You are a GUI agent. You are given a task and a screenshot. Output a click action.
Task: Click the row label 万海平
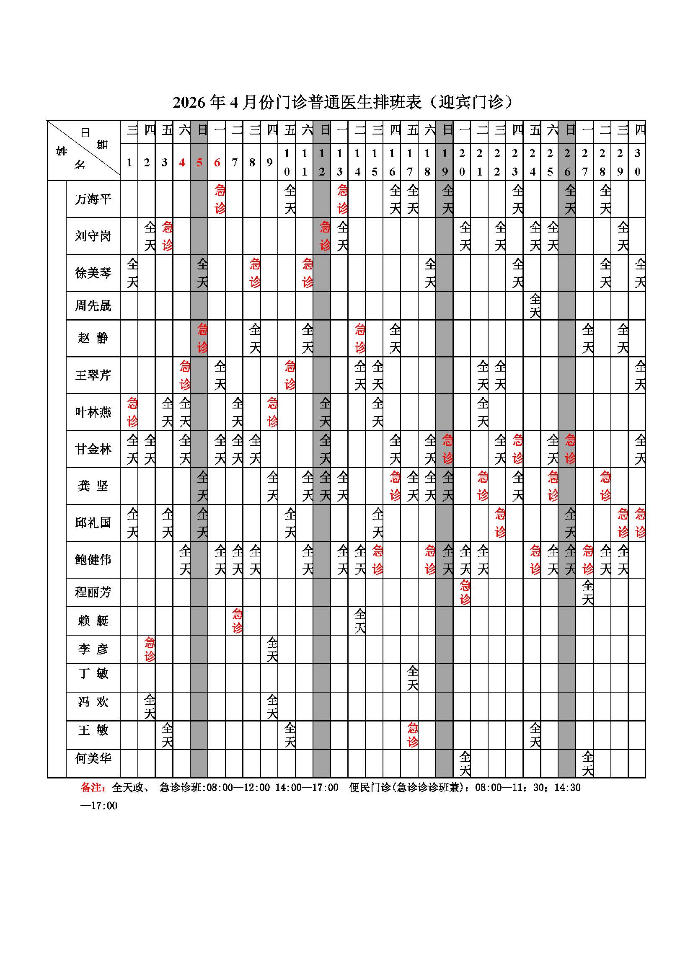click(x=93, y=199)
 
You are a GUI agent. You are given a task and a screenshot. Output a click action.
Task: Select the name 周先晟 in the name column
click(x=93, y=305)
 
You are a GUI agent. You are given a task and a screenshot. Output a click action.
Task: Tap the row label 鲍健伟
click(x=93, y=560)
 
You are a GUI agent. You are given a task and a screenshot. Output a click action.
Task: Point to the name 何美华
click(x=93, y=758)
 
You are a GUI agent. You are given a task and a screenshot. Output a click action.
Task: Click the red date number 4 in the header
click(x=182, y=162)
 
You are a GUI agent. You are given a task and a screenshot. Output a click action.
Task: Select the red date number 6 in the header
click(x=217, y=162)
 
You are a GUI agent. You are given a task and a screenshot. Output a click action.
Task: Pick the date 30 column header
click(x=637, y=162)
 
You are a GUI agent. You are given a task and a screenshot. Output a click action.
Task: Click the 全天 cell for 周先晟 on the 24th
click(x=535, y=305)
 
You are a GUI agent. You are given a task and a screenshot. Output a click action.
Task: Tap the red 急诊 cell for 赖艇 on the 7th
click(x=237, y=621)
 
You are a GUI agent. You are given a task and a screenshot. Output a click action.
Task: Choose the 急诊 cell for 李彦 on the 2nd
click(x=149, y=649)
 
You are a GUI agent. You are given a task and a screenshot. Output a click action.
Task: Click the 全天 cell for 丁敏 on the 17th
click(x=412, y=677)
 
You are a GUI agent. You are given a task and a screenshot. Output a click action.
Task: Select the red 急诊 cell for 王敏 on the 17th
click(x=412, y=734)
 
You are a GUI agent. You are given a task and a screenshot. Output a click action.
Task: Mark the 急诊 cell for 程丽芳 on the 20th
click(x=465, y=592)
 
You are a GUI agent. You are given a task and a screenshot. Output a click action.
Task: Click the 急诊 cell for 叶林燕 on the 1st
click(x=132, y=412)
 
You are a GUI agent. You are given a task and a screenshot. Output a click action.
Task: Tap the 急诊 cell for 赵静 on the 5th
click(x=202, y=338)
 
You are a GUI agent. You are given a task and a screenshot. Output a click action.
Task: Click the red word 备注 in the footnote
click(x=91, y=788)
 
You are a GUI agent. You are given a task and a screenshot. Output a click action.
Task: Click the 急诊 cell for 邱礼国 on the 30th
click(x=640, y=523)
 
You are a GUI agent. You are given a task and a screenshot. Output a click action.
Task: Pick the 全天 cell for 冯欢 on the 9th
click(x=272, y=706)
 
